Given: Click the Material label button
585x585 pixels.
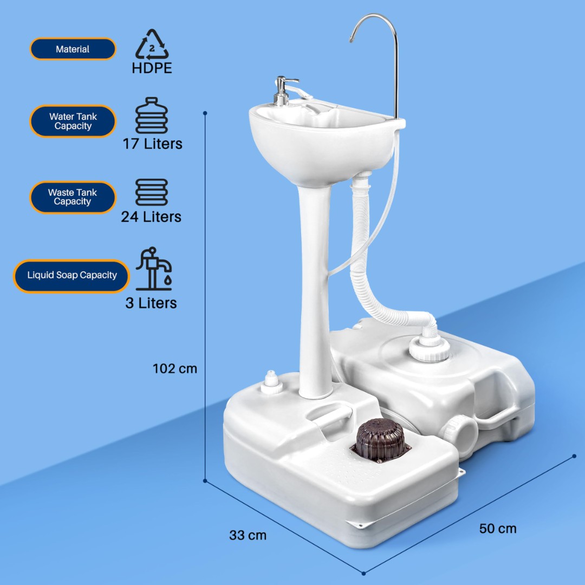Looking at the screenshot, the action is click(x=73, y=49).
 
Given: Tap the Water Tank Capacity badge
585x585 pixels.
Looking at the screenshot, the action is click(x=73, y=121).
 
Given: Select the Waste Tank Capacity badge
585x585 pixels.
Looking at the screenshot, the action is click(x=73, y=197).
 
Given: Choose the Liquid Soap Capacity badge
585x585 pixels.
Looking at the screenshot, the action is click(x=71, y=276).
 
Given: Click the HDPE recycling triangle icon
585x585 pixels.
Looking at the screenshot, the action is click(x=152, y=45).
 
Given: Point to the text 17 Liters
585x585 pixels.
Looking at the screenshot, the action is click(x=153, y=144).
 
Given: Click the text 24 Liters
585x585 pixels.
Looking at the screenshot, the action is click(x=151, y=217).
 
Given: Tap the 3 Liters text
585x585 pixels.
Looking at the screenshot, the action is click(x=151, y=303).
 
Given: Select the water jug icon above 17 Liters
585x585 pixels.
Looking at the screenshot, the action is click(x=152, y=115).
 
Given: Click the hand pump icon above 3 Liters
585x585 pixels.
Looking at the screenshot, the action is click(x=154, y=269).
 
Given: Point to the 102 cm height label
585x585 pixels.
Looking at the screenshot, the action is click(x=174, y=369).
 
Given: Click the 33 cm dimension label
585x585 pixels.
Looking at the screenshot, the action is click(x=248, y=535).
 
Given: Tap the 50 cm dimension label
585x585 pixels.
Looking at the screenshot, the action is click(x=498, y=528).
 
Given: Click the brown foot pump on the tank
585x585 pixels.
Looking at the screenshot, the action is click(x=380, y=440).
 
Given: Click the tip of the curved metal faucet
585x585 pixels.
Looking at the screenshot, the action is click(x=352, y=40).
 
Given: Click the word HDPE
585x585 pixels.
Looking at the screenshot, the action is click(x=152, y=68).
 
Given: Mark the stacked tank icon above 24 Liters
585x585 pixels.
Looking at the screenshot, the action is click(x=152, y=192).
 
